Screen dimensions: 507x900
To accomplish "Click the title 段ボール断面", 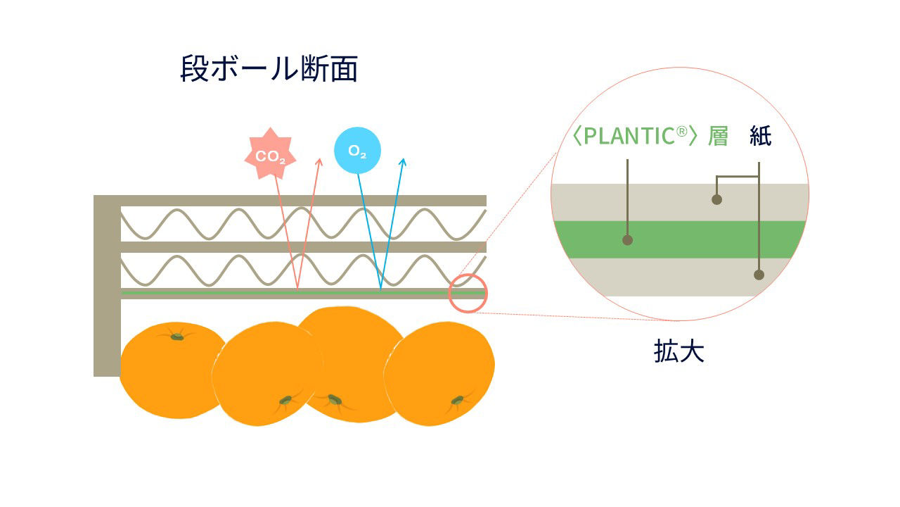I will [x=269, y=70].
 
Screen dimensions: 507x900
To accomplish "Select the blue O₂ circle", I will [x=357, y=151].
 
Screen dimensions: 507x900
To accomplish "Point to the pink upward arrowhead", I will [x=319, y=163].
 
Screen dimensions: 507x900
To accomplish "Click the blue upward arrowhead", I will [x=403, y=163].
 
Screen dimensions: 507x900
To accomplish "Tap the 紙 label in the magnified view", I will [x=760, y=136].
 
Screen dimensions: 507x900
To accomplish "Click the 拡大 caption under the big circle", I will [x=679, y=351].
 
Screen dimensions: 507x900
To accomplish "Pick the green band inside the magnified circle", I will [x=703, y=239].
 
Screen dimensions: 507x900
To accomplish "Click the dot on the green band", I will [x=628, y=240].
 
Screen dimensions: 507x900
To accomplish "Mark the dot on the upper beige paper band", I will [x=716, y=199].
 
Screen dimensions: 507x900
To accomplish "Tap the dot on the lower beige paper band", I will [x=759, y=275].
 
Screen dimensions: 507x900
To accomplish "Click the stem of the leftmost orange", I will [x=177, y=337].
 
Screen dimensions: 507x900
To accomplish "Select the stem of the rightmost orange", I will [x=457, y=401].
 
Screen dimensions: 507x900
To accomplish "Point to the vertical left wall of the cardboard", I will [x=107, y=296].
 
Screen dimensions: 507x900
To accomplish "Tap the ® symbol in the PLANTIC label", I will [x=681, y=132].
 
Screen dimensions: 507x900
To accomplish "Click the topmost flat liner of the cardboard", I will [x=302, y=201].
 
